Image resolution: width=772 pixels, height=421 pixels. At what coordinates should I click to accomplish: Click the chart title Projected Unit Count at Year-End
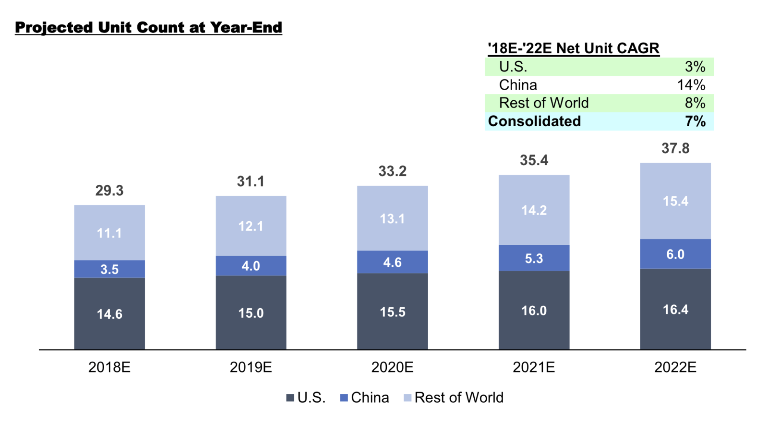coord(148,28)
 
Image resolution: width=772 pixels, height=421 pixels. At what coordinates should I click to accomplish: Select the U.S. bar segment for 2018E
coord(109,314)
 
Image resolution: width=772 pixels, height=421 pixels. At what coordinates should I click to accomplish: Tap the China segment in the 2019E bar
coord(251,266)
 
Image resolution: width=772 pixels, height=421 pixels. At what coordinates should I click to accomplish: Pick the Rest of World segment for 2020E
coord(392,218)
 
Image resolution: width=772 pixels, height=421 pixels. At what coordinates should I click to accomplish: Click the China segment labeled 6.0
coord(675,254)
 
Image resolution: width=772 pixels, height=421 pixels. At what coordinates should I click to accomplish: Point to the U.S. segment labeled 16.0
coord(534,310)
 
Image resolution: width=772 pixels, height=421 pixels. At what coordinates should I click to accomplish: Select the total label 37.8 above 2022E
coord(675,148)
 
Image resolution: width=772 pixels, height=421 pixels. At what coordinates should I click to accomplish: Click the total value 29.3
coord(109,190)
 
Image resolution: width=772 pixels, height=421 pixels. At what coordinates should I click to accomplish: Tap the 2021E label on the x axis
coord(534,367)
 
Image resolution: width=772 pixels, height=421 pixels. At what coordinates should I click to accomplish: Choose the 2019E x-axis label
coord(251,367)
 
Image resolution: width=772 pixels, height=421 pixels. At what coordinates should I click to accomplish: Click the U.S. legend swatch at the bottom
coord(290,398)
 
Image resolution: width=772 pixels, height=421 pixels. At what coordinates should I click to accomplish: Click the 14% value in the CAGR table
coord(691,85)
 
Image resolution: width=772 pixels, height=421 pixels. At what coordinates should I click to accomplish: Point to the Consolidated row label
coord(534,121)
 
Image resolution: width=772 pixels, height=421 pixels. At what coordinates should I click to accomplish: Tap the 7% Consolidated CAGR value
coord(695,121)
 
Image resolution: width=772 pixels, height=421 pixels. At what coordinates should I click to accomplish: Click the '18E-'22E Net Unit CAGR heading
coord(573,49)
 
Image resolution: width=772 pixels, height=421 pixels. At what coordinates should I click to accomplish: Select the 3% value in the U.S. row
coord(695,67)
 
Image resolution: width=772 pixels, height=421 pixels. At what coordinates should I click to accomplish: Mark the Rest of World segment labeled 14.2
coord(534,210)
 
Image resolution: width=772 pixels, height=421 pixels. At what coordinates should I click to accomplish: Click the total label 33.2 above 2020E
coord(392,171)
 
